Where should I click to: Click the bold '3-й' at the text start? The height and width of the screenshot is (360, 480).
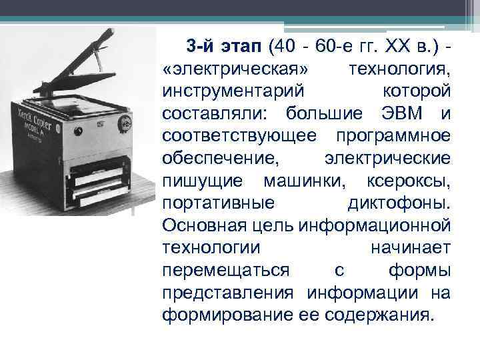click(200, 47)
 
